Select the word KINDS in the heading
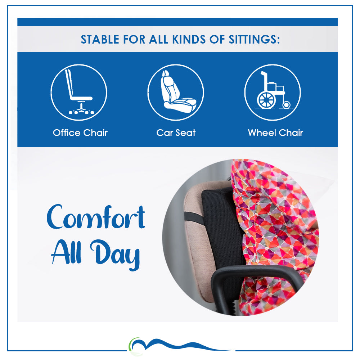189,39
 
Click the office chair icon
79,93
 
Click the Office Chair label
80,133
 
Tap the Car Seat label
176,133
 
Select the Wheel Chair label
275,133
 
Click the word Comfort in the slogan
96,217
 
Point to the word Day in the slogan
115,255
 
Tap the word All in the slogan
66,252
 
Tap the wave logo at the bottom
180,346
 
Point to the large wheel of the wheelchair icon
266,100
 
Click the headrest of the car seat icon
165,73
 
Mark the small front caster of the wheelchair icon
286,105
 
